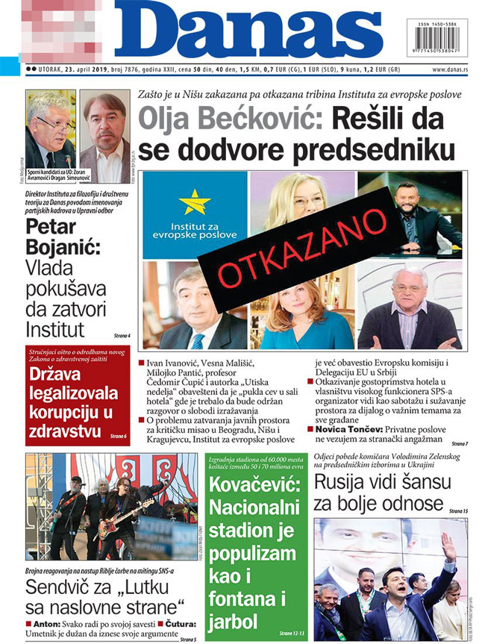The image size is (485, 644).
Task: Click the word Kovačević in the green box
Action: [x=258, y=490]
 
